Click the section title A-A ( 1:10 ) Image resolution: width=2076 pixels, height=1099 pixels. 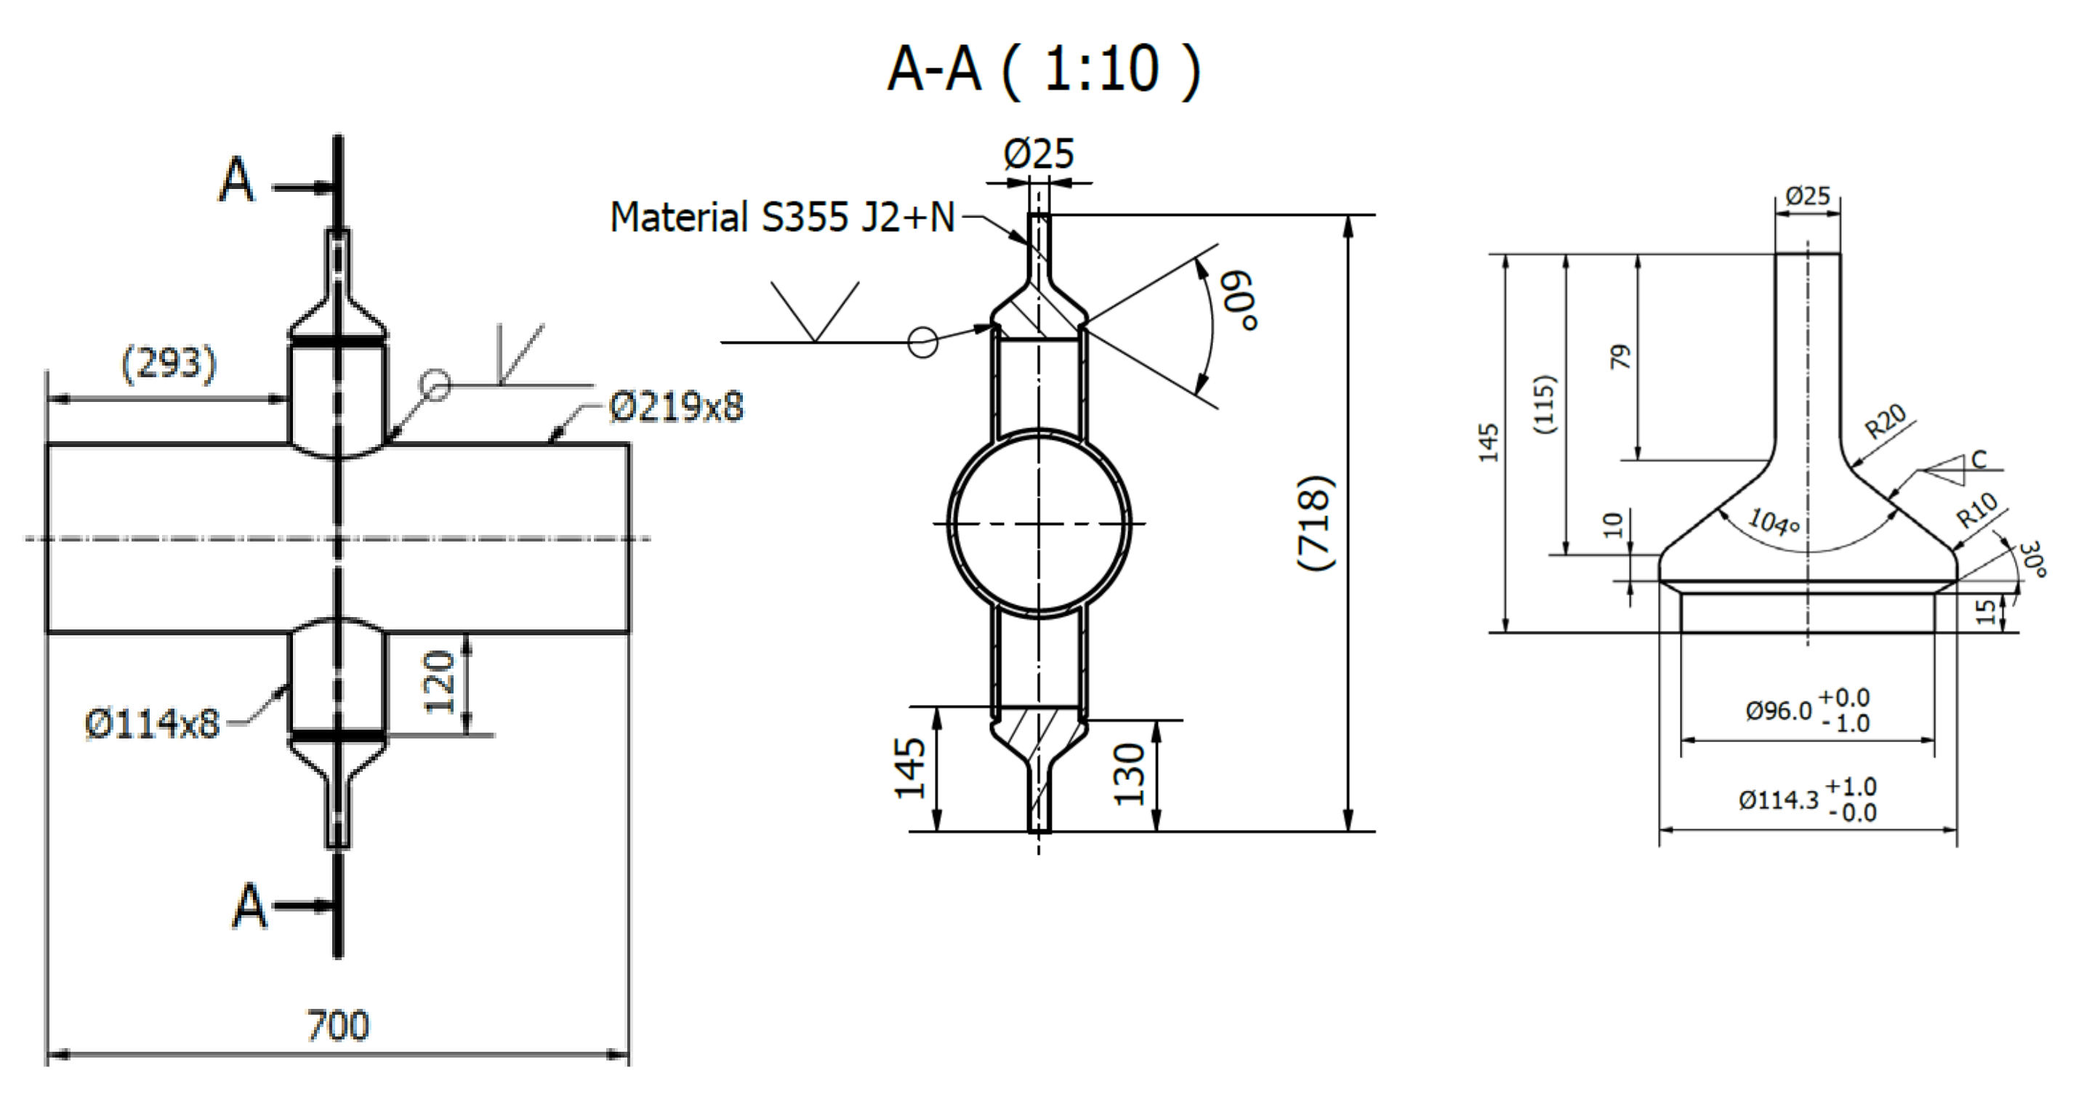[1043, 69]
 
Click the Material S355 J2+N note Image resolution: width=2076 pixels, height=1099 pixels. [781, 217]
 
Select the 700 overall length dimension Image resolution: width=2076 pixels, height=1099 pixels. [338, 1026]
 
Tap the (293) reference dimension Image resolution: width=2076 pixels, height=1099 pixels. [169, 363]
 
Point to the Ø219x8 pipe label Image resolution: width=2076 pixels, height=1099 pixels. [675, 406]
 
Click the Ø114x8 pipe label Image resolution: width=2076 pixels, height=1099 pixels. [151, 723]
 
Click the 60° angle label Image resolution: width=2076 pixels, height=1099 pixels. [1238, 300]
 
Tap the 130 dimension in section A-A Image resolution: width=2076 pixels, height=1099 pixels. [1128, 774]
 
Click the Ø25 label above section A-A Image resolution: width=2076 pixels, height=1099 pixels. [1038, 153]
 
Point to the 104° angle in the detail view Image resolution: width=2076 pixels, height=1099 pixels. [1773, 522]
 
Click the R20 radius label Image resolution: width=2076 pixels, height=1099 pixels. [1886, 421]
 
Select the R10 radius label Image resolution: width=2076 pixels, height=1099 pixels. [1978, 510]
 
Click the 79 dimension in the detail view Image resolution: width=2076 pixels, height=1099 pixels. [1620, 356]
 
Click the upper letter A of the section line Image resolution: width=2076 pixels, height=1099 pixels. [236, 180]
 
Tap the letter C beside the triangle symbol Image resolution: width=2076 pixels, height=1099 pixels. [1979, 459]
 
